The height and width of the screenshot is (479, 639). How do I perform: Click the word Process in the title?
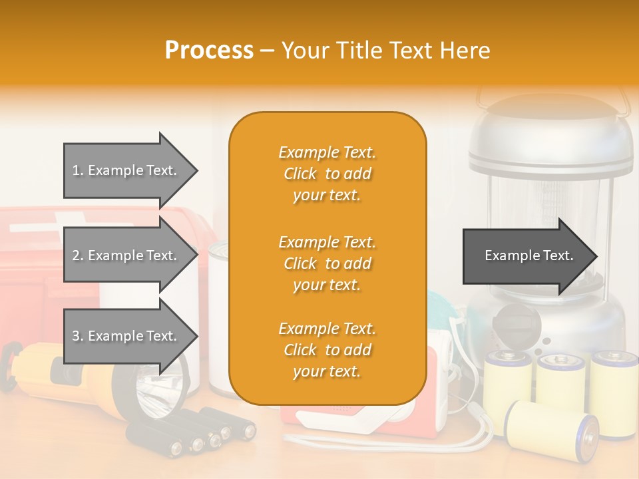click(209, 51)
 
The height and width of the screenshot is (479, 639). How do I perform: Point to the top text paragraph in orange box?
click(327, 174)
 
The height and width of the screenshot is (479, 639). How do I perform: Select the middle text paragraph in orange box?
click(327, 263)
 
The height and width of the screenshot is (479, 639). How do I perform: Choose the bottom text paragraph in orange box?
click(327, 350)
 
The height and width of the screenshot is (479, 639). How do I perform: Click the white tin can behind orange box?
click(218, 319)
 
